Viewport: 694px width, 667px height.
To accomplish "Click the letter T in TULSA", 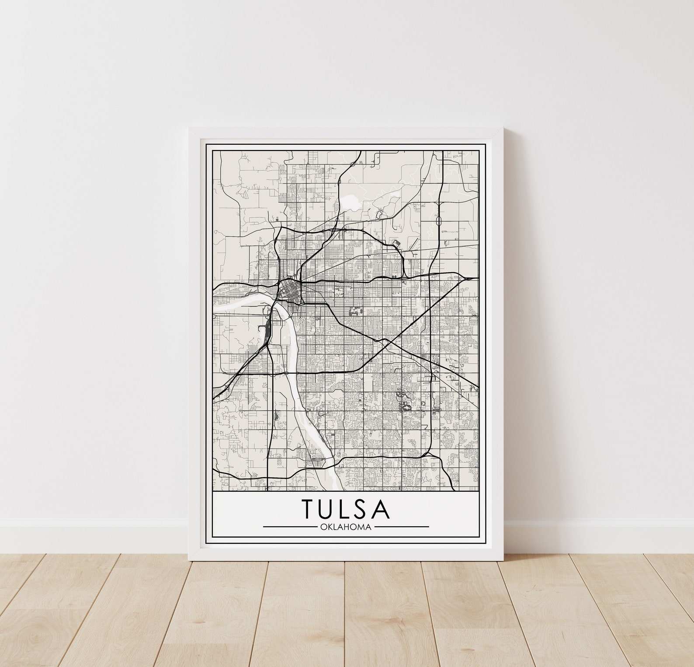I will tap(309, 508).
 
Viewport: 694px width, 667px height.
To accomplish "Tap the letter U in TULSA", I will tap(329, 509).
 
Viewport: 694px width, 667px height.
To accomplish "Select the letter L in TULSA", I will tap(348, 508).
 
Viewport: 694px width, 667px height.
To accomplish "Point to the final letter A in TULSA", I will tap(381, 508).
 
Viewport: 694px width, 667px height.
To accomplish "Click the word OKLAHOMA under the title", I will tap(346, 527).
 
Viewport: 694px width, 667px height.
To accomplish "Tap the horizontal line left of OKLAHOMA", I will tap(290, 527).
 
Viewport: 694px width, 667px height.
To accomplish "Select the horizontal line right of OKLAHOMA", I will tap(402, 527).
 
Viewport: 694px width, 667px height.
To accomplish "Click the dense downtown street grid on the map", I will tap(289, 288).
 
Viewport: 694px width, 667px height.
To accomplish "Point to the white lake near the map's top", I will tap(351, 201).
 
